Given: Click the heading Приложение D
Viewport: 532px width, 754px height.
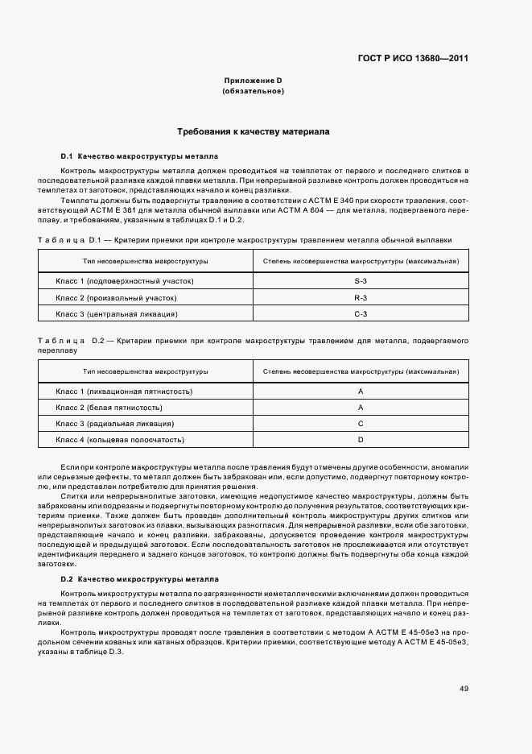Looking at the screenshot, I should point(253,81).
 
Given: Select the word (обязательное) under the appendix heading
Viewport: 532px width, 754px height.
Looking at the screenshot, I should point(253,91).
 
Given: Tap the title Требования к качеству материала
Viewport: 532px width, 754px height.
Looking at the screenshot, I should point(253,130).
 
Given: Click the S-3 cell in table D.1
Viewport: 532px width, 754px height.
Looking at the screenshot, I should point(361,281).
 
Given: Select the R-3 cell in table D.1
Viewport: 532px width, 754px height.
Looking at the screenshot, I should point(361,297).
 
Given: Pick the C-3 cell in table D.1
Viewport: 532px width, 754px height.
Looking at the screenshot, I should point(361,313).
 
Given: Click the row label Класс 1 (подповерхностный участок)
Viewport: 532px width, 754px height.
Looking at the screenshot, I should point(125,281).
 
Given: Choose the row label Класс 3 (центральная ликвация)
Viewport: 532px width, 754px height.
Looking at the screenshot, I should point(117,313).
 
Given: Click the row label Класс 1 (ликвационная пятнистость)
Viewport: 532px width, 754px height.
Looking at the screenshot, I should point(124,391).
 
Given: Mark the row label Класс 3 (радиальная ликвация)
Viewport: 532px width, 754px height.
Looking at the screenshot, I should point(115,423).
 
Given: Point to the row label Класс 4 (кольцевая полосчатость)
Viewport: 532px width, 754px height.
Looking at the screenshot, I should point(120,440).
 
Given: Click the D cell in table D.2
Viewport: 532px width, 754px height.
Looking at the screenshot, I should point(361,440).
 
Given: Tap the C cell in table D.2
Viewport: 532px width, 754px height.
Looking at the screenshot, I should point(361,423).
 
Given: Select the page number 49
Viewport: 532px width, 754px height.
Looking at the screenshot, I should point(464,689).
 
